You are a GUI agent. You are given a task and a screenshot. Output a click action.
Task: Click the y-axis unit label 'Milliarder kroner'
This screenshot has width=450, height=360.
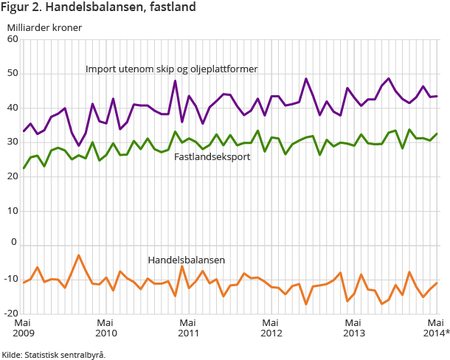click(x=44, y=28)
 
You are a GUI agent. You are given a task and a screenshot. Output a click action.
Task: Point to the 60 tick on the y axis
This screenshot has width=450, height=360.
click(x=12, y=40)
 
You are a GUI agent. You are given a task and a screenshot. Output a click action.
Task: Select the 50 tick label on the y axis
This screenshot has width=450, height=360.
click(x=12, y=74)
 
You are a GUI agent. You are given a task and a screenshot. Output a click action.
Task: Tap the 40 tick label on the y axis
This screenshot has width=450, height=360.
click(x=12, y=108)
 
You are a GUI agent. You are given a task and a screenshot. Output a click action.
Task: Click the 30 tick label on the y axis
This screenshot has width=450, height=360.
click(x=12, y=142)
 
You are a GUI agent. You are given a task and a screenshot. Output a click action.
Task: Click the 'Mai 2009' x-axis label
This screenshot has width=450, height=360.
click(x=23, y=327)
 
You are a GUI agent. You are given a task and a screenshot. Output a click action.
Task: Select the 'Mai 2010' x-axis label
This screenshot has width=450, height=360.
click(x=105, y=327)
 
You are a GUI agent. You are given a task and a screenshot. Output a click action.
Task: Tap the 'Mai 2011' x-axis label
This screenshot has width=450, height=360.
click(x=188, y=327)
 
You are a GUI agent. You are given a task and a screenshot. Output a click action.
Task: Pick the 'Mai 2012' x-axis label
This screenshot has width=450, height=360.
click(x=271, y=327)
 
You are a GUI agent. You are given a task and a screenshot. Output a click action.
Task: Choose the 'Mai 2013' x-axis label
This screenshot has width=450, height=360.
click(x=354, y=327)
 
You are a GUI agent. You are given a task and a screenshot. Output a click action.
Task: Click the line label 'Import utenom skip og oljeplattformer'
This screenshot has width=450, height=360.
click(x=171, y=69)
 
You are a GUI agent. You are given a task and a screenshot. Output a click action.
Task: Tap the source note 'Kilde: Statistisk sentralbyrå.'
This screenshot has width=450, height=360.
click(x=54, y=354)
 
